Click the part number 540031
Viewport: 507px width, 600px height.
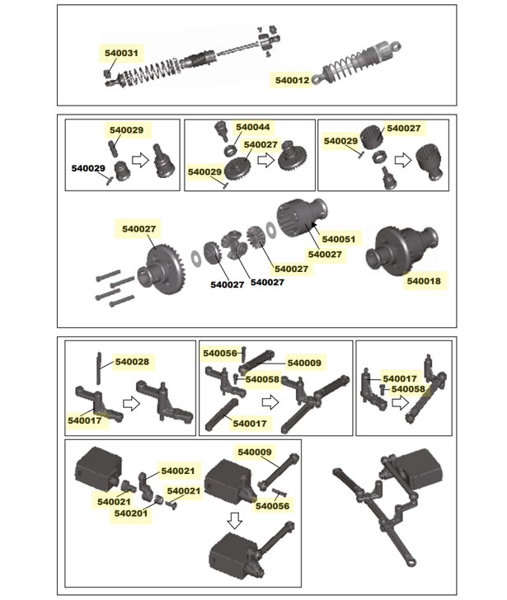click(122, 53)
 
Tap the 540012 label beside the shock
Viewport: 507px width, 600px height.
click(293, 80)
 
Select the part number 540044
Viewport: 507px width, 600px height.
click(252, 128)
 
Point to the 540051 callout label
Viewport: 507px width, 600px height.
click(338, 239)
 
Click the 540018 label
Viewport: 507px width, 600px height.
click(423, 281)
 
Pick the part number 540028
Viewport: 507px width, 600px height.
click(132, 361)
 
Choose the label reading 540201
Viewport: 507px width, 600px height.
click(131, 513)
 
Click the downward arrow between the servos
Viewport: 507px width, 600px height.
click(235, 520)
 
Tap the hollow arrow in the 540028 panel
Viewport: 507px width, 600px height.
click(129, 404)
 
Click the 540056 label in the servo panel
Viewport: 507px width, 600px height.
click(272, 505)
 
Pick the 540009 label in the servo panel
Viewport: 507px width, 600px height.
click(254, 452)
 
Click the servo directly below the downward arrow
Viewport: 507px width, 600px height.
click(239, 560)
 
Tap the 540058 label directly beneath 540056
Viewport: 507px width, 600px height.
click(261, 379)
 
